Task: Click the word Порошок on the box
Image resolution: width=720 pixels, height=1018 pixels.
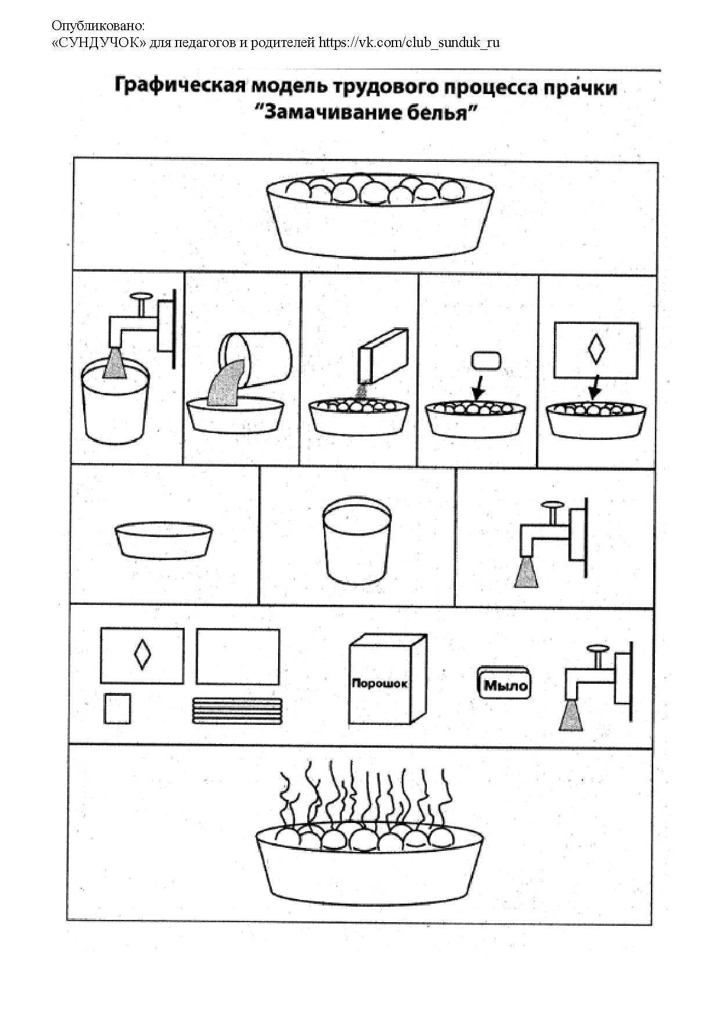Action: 380,683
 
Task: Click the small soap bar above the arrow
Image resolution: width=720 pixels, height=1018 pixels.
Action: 484,360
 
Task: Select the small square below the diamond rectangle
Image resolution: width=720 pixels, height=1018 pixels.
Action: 117,709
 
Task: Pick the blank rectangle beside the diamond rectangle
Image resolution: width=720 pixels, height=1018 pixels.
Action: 237,657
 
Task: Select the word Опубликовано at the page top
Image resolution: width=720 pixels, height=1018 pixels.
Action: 98,26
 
